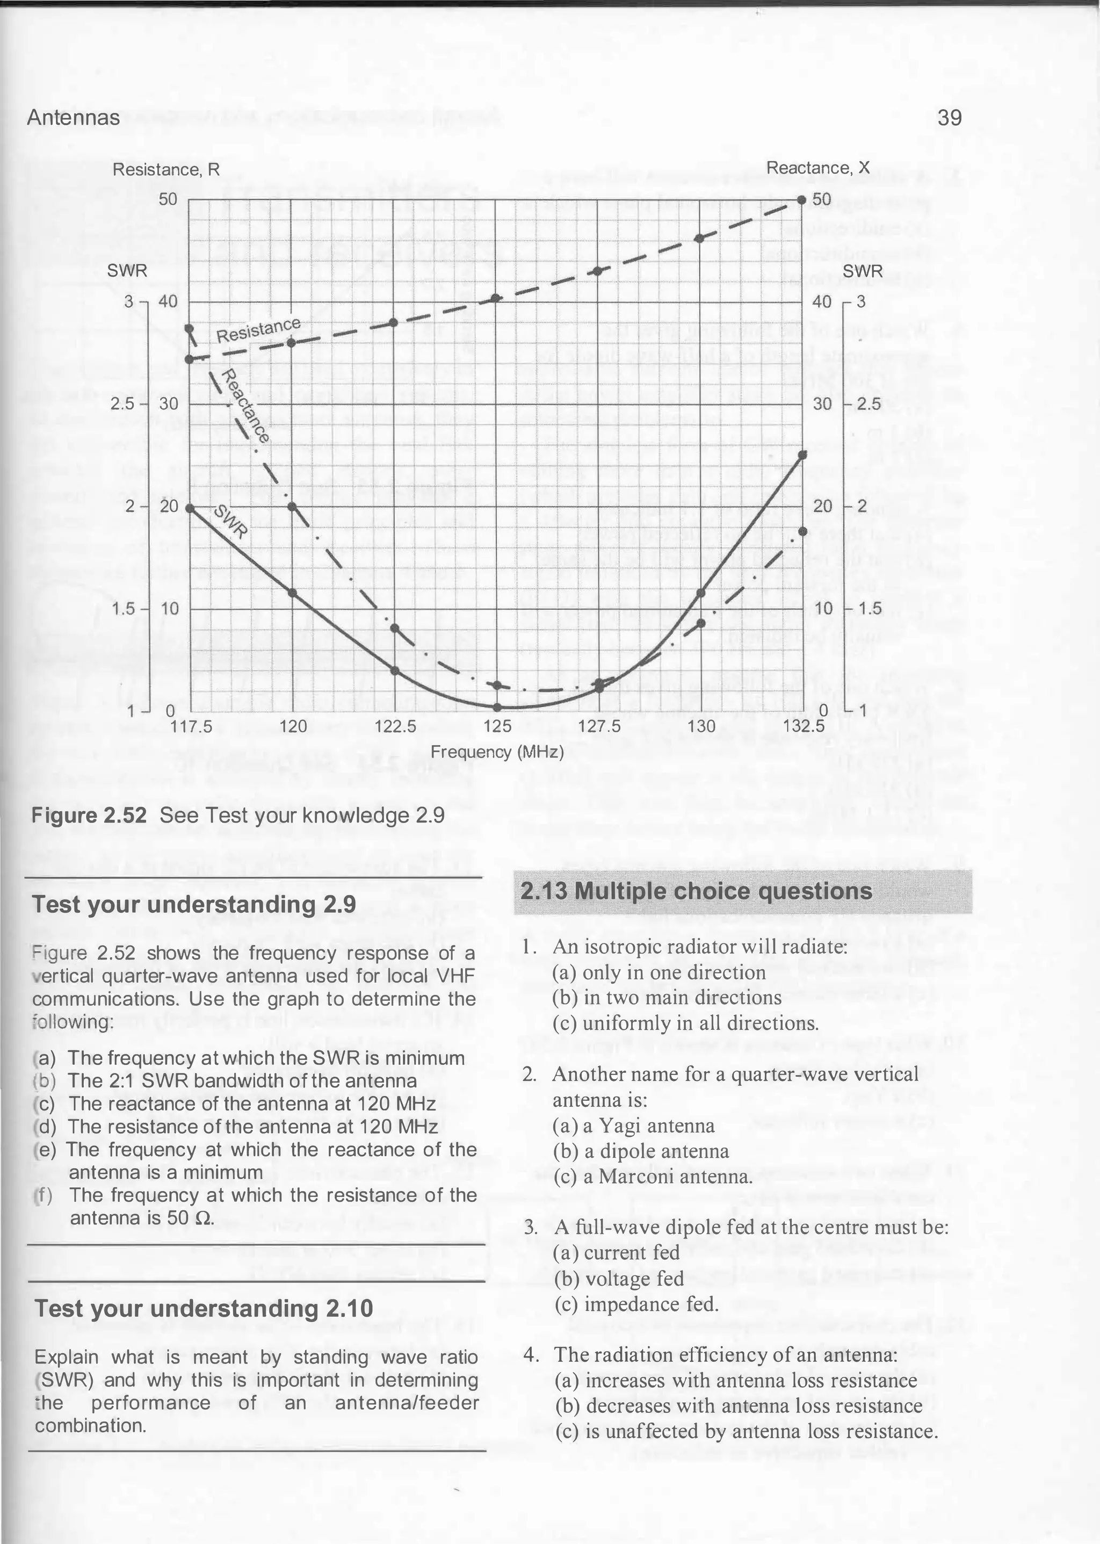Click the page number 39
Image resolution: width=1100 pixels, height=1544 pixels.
click(950, 118)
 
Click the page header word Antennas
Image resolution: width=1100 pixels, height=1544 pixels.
click(73, 118)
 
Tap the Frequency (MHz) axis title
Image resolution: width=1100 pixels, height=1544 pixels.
click(497, 752)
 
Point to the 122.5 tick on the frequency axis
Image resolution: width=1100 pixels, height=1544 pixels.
click(395, 727)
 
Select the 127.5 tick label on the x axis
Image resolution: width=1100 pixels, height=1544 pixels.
click(599, 727)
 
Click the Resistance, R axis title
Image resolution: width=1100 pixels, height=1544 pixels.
click(166, 169)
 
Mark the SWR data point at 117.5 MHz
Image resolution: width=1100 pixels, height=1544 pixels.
click(190, 508)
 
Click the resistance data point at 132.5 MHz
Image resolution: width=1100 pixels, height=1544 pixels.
click(802, 200)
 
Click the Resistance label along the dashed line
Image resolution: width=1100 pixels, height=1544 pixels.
click(258, 329)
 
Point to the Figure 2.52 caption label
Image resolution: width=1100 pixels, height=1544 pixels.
click(89, 815)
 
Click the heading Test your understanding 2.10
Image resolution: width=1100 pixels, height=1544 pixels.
click(203, 1308)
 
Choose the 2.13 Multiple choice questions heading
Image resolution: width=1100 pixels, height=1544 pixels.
click(696, 891)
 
